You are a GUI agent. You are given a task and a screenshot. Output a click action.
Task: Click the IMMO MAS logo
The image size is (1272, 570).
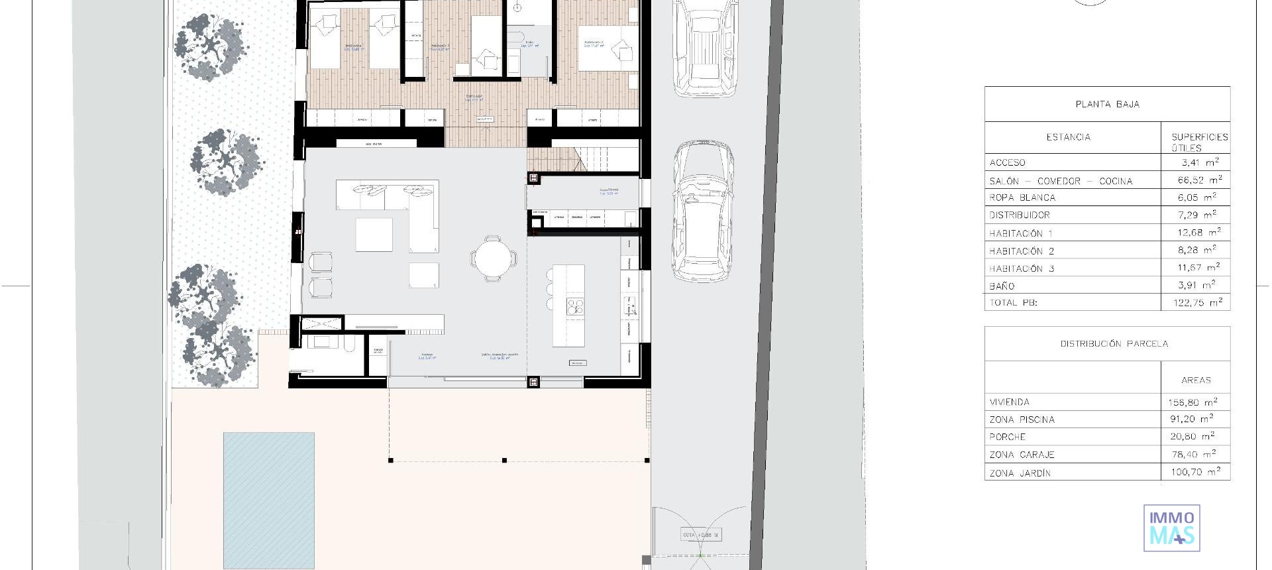pos(1171,528)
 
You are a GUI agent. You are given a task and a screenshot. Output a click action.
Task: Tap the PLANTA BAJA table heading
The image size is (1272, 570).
pos(1107,104)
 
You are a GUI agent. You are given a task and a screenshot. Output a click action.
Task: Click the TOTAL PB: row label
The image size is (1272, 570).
pos(1013,303)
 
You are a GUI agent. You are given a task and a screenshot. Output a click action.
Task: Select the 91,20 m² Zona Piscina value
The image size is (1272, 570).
pos(1191,419)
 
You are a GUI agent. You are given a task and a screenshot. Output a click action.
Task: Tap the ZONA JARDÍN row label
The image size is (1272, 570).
pos(1020,473)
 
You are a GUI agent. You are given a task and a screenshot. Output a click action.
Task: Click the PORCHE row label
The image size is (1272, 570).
pos(1007,437)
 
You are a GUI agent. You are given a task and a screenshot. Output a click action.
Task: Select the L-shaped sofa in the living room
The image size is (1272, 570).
pos(397,205)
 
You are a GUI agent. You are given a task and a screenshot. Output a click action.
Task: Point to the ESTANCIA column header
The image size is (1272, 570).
pos(1068,137)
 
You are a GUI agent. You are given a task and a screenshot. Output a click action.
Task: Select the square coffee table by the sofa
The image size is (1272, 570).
pos(374,235)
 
